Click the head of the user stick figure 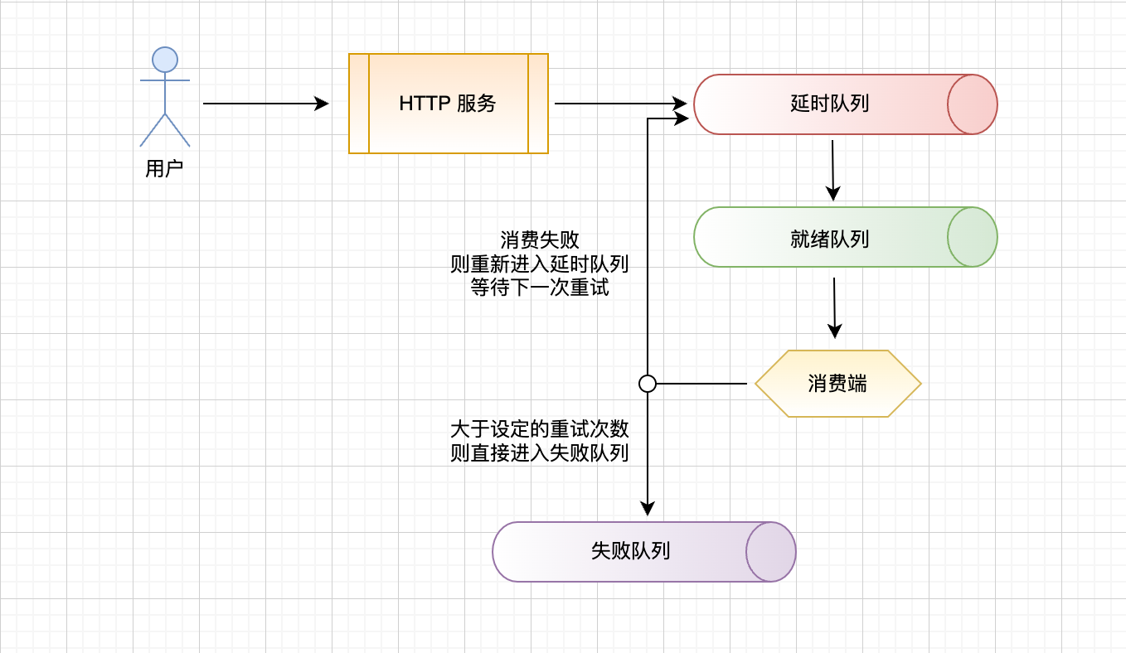[165, 60]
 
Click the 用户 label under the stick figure [164, 169]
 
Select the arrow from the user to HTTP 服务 [265, 104]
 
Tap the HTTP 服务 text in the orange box [448, 104]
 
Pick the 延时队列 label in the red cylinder [829, 104]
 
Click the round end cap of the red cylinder [973, 104]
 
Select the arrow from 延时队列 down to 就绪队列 [833, 170]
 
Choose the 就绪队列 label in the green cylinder [829, 239]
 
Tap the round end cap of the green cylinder [973, 237]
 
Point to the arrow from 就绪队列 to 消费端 [835, 307]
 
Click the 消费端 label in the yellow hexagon [837, 384]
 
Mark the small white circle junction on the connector [648, 384]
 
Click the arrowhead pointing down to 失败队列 [648, 508]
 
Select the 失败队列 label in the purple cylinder [630, 552]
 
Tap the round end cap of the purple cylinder [771, 552]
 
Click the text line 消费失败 [540, 240]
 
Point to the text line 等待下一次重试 [540, 288]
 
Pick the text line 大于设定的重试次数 [540, 429]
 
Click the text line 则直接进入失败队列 [540, 453]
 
